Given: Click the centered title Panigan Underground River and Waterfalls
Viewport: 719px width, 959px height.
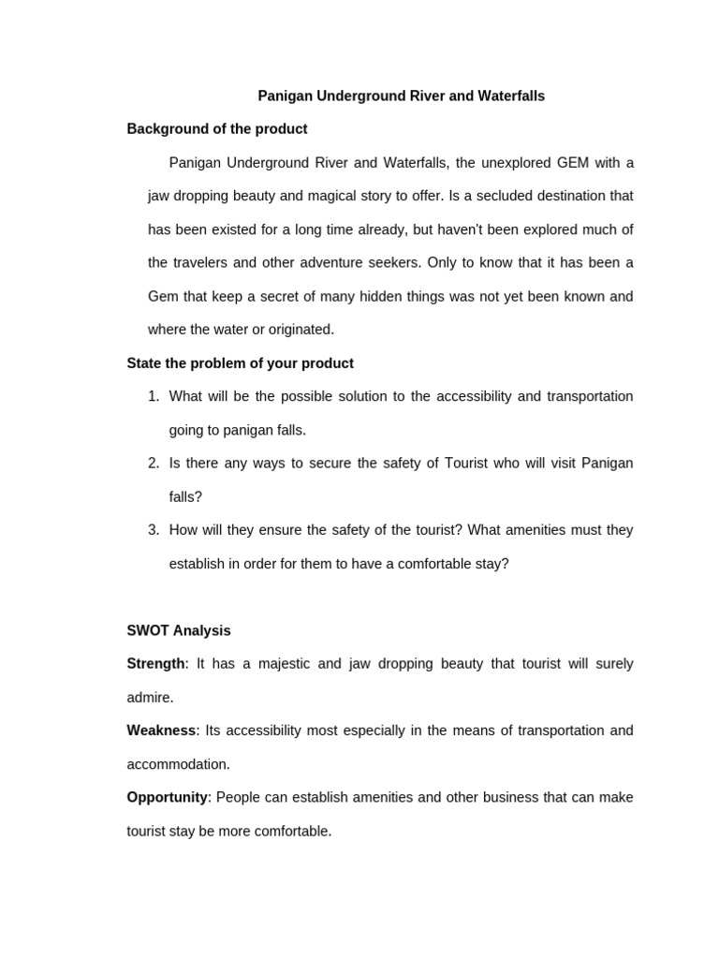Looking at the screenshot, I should (401, 96).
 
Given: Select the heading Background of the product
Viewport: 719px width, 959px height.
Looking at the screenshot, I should (217, 129).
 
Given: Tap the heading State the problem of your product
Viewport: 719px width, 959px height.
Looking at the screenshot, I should (240, 363).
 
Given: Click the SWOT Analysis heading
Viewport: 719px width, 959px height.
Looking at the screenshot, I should (179, 631).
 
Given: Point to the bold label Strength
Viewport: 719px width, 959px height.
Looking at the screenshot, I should (155, 664).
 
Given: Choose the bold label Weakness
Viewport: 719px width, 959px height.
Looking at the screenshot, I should (161, 730).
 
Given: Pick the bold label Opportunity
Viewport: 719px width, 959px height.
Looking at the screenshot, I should (167, 798).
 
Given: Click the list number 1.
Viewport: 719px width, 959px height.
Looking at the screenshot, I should (154, 397).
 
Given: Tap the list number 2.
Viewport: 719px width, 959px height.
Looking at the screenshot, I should (154, 464).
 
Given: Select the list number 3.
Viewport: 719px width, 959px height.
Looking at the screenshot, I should (154, 530).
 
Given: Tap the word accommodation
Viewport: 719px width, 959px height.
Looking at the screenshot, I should (177, 764).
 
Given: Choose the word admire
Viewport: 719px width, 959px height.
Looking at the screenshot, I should (149, 698).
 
